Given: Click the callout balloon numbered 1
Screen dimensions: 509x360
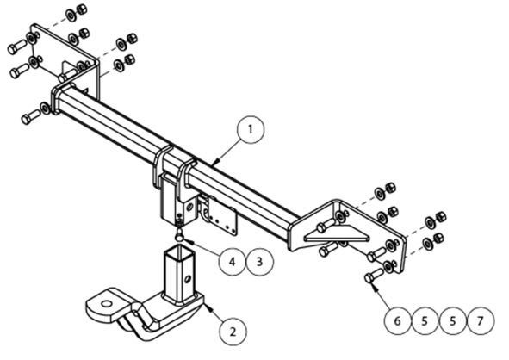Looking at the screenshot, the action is pos(251,129).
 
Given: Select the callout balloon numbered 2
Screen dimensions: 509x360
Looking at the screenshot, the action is pos(233,332).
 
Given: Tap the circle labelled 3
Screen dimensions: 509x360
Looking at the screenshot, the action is pos(260,262).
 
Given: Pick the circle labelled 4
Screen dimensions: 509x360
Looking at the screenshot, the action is pos(232,262).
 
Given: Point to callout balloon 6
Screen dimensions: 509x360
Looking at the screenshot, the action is pos(398,320).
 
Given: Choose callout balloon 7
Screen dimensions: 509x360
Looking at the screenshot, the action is pos(480,320).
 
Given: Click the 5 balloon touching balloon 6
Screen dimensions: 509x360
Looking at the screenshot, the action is pos(425,320).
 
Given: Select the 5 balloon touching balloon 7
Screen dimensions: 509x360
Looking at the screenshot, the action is pos(452,320).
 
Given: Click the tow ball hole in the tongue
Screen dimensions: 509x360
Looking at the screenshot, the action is pos(106,304).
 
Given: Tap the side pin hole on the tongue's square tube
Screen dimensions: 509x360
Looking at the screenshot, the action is pos(188,279).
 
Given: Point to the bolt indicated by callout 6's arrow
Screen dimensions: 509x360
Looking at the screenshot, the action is pos(373,275).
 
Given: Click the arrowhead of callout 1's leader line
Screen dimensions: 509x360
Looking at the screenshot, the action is pos(217,160).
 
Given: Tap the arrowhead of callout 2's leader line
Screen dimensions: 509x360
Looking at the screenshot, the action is pos(208,307).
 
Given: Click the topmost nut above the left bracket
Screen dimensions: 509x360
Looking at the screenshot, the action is pos(81,9).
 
